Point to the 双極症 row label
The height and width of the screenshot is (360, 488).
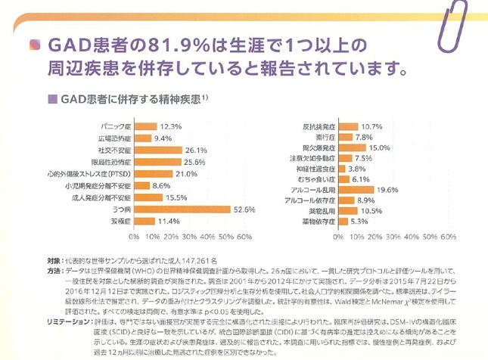[x=117, y=222]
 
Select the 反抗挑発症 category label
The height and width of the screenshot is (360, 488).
[x=318, y=126]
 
